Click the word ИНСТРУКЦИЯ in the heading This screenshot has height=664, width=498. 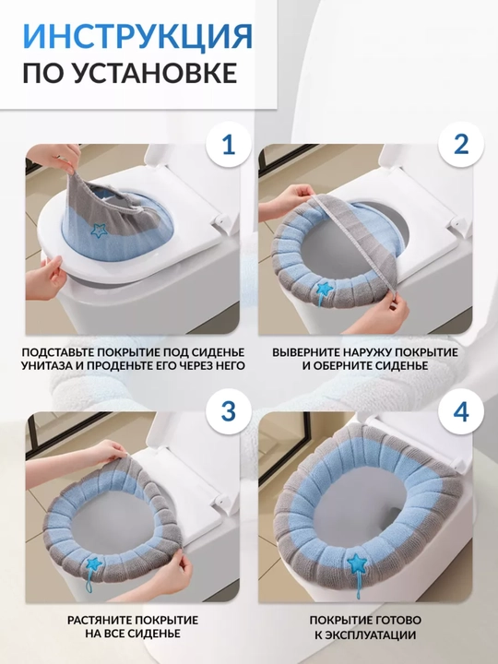click(137, 36)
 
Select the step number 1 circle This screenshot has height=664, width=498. click(229, 145)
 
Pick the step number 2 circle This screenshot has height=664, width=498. click(461, 145)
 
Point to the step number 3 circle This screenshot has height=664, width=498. click(229, 411)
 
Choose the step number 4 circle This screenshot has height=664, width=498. click(461, 411)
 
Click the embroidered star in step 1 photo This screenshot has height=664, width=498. click(99, 231)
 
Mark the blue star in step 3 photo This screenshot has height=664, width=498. click(93, 563)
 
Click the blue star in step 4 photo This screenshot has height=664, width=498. click(357, 562)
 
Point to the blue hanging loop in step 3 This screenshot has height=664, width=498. click(89, 581)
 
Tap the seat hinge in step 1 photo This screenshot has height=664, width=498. click(220, 219)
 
